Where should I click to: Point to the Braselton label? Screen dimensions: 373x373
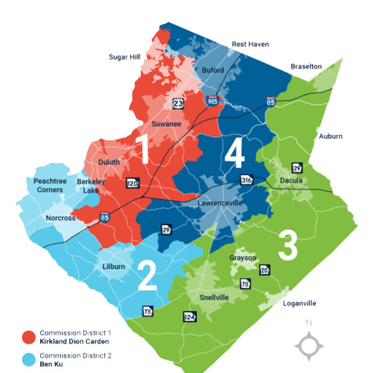pos(306,66)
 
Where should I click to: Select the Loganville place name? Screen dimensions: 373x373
pos(300,303)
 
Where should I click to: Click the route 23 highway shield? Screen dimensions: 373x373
pos(178,103)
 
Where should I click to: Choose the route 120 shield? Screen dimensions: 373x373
pos(133,183)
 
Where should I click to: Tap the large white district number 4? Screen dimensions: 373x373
pos(235,155)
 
